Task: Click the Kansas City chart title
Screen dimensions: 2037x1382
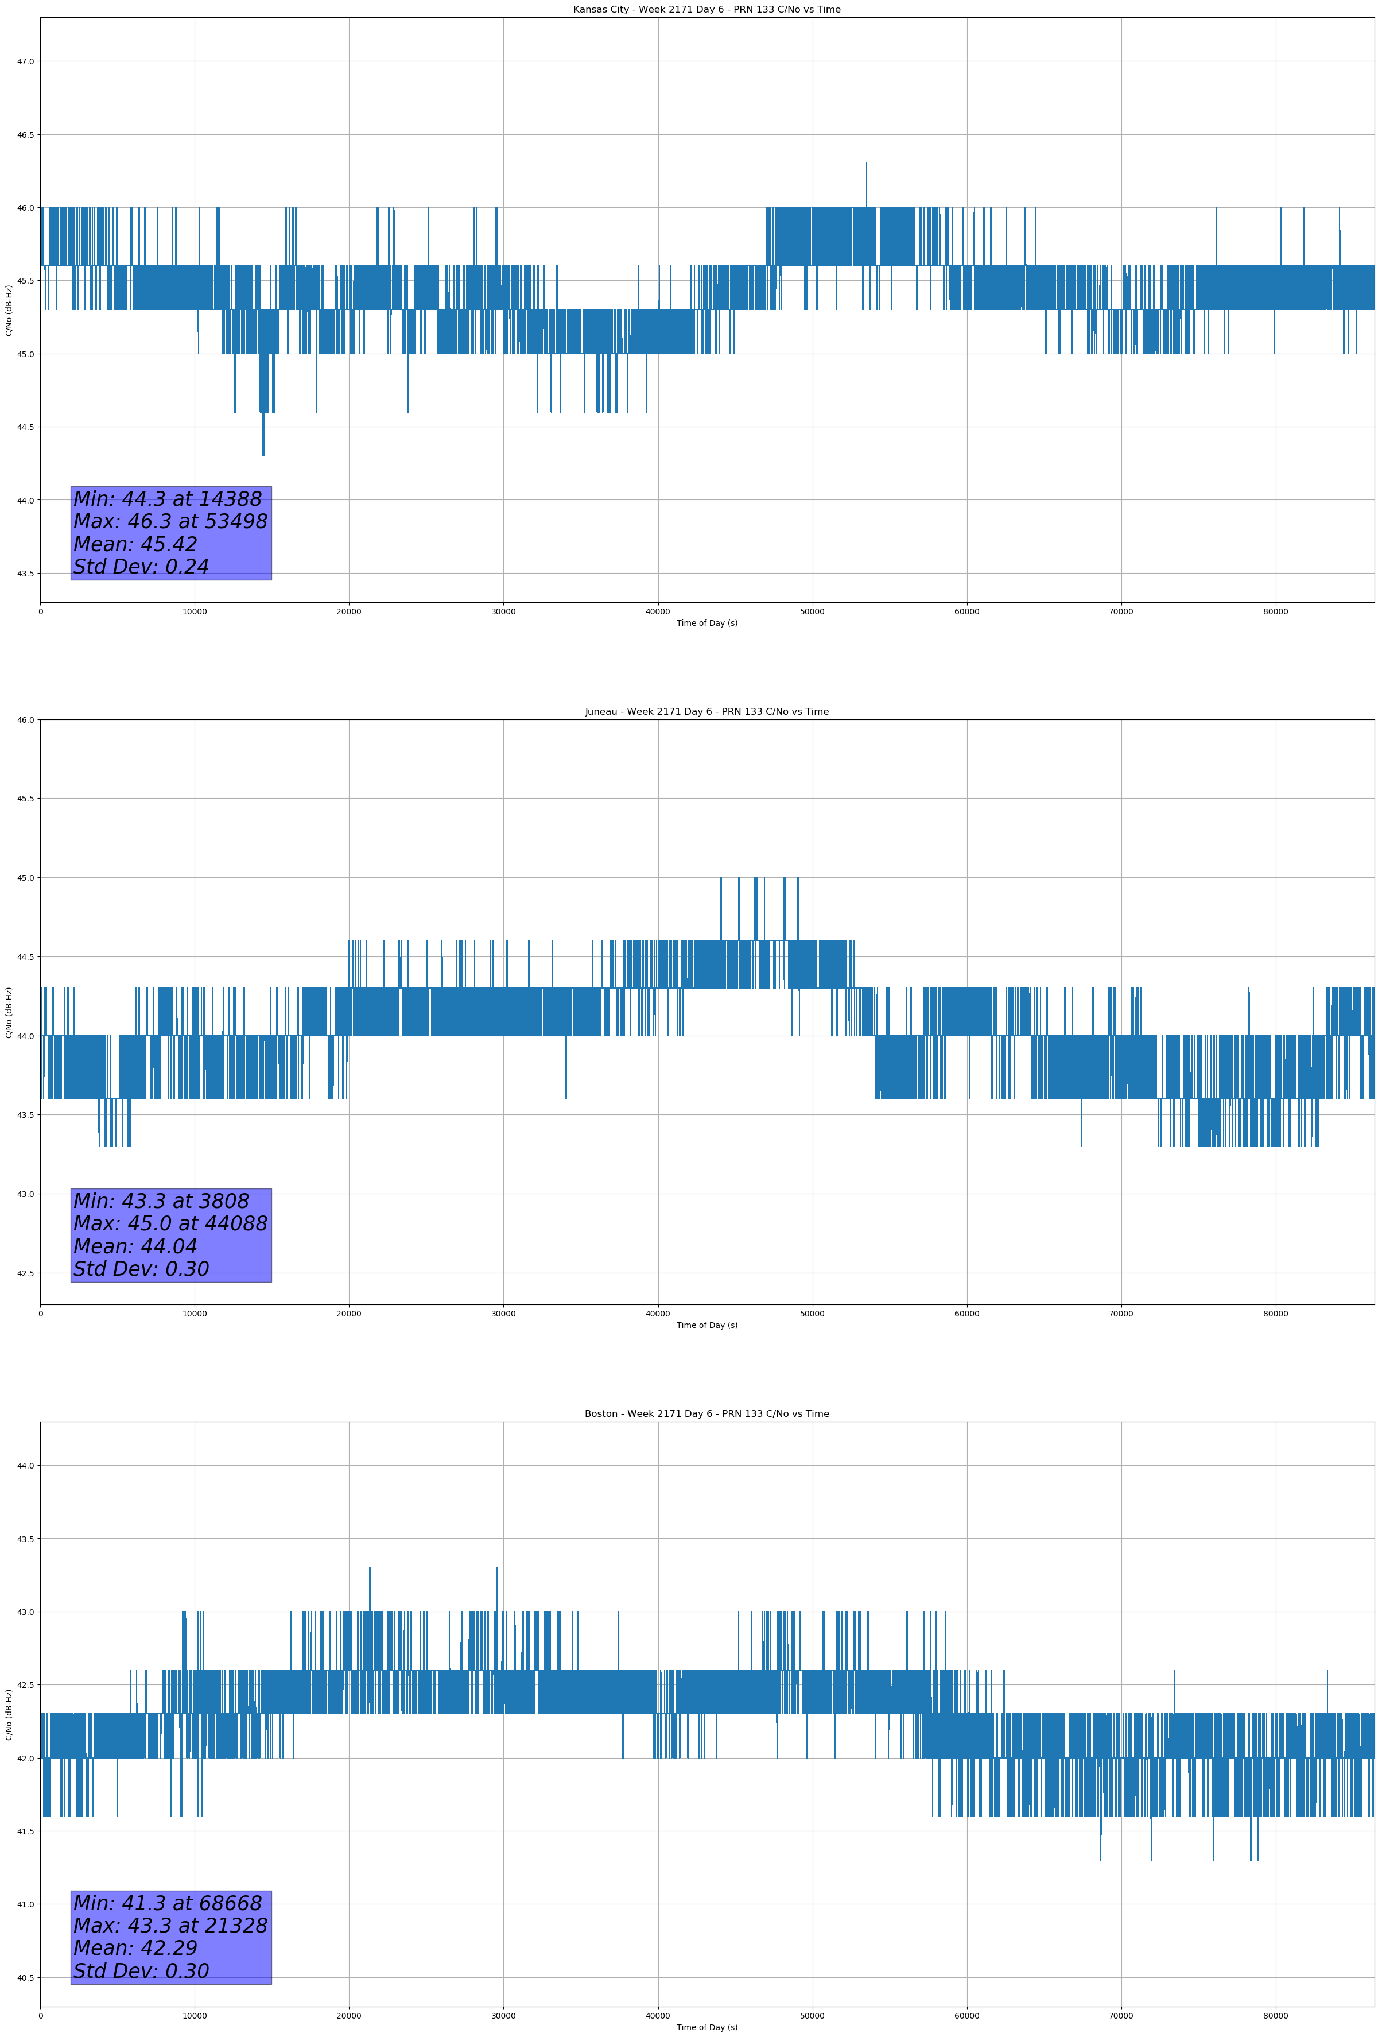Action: coord(706,10)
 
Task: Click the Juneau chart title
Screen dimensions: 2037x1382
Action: coord(706,712)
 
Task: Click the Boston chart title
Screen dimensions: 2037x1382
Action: coord(706,1414)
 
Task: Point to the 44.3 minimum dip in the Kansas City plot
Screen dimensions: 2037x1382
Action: coord(263,453)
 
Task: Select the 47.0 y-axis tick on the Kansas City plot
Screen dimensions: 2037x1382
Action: coord(25,61)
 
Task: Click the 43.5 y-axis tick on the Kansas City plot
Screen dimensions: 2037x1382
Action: coord(25,573)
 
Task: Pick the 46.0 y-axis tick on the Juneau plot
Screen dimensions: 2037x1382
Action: coord(25,719)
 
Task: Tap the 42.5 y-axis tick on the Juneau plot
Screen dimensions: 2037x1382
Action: coord(25,1273)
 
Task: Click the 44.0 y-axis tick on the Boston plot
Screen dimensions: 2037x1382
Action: coord(25,1466)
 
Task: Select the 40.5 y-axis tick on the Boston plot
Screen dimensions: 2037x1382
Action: coord(25,1977)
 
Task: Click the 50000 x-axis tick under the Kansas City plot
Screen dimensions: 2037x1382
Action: coord(812,612)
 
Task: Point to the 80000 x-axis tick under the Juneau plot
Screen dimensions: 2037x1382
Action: coord(1275,1314)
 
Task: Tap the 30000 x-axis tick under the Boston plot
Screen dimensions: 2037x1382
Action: coord(503,2016)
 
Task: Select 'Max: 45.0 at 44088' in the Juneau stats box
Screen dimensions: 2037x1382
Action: coord(170,1223)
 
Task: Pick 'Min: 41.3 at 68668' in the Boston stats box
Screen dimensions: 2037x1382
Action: coord(168,1903)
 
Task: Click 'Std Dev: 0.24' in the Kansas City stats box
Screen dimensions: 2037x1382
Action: coord(141,567)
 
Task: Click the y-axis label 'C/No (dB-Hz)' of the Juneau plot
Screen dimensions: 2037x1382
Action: coord(9,1012)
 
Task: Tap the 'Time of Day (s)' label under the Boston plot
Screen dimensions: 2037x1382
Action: coord(706,2027)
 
